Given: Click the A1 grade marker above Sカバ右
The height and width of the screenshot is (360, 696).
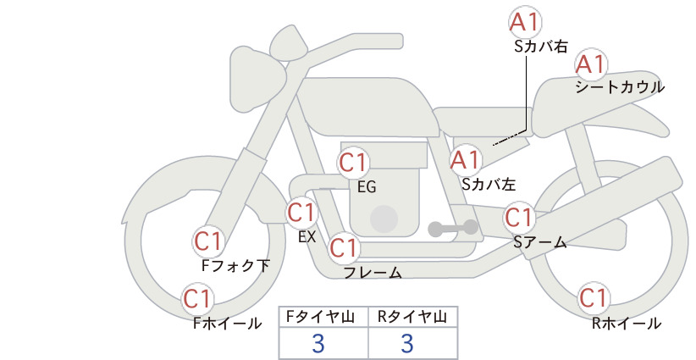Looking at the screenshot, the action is [525, 22].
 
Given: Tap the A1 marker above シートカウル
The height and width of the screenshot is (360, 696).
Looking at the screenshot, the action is [591, 65].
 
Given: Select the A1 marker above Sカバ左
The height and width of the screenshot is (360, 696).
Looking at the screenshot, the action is [466, 160].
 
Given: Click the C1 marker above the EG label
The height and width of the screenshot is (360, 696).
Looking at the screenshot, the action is [353, 163].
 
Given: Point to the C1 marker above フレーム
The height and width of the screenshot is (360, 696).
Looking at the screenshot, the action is [344, 247].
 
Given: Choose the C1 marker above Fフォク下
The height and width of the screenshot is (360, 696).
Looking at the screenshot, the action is [208, 242].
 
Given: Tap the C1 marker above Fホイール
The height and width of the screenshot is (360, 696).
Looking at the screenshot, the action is [196, 299].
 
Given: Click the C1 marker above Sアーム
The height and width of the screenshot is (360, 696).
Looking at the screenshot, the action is [518, 218].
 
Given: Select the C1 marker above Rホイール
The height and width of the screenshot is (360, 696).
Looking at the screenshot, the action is [593, 298].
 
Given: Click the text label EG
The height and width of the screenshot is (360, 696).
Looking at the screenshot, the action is [367, 187].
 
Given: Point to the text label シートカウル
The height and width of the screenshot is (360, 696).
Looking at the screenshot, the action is [620, 87].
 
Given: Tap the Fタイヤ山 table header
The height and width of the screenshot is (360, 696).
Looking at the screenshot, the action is [320, 317].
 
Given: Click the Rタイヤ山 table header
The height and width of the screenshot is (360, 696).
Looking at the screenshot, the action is [412, 317].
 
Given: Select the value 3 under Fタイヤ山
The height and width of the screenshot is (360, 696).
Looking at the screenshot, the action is [318, 343].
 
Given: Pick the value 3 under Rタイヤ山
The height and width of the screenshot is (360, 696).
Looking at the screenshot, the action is [407, 343].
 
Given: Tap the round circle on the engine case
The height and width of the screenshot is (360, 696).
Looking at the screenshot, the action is [384, 219].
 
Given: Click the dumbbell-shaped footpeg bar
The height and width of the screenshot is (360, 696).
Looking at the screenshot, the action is [453, 229].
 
